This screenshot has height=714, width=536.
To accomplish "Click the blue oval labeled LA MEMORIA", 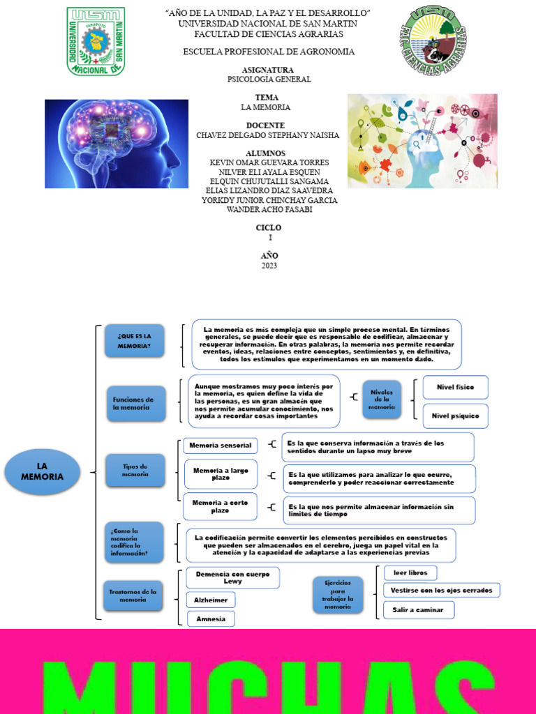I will coord(42,471).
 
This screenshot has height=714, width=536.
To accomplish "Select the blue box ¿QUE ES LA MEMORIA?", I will coord(135,341).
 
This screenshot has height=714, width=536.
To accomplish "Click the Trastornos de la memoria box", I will coord(133,595).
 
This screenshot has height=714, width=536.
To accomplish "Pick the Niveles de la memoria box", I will coord(382,400).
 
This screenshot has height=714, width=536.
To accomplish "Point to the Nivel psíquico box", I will coord(455,416).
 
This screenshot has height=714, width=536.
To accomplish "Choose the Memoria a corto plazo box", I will coord(220,507).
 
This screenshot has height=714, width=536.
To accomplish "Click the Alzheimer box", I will coord(211,599).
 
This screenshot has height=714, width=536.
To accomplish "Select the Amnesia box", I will coord(211,618).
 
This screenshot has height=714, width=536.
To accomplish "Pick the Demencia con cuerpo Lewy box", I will coord(232,577).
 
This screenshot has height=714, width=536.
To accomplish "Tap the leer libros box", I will coord(410,572).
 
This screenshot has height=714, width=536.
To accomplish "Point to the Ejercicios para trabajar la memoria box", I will coord(338,595).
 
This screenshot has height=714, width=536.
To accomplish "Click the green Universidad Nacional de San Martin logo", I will coord(96,41).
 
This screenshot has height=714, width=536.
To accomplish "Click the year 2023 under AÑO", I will coord(269,266).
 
